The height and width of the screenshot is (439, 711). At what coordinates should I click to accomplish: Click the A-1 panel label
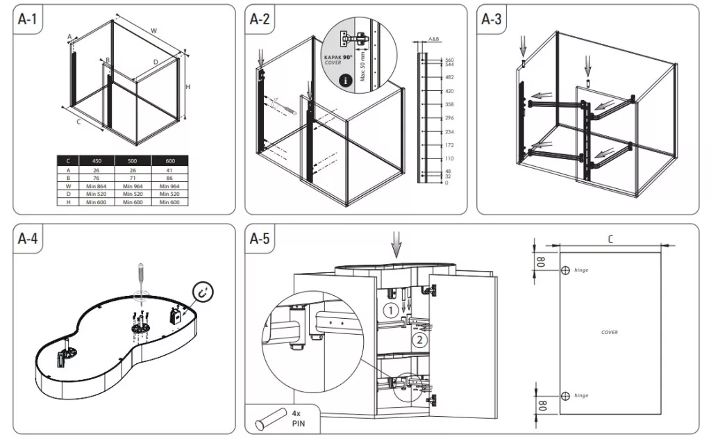(x=28, y=19)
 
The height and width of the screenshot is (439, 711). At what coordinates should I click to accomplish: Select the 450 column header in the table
(x=97, y=160)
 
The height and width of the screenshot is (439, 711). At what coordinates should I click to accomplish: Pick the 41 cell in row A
(x=169, y=169)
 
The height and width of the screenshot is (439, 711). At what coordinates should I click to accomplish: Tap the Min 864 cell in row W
(x=97, y=185)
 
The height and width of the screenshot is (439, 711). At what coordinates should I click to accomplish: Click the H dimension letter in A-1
(x=187, y=86)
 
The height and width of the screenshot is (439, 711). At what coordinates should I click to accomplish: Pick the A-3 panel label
(x=492, y=19)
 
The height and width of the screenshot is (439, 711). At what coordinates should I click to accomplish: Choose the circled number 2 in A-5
(x=418, y=340)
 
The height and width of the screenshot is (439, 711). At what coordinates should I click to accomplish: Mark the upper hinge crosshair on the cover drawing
(x=565, y=270)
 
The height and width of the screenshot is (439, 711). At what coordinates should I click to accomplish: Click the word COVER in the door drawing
(x=610, y=332)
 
